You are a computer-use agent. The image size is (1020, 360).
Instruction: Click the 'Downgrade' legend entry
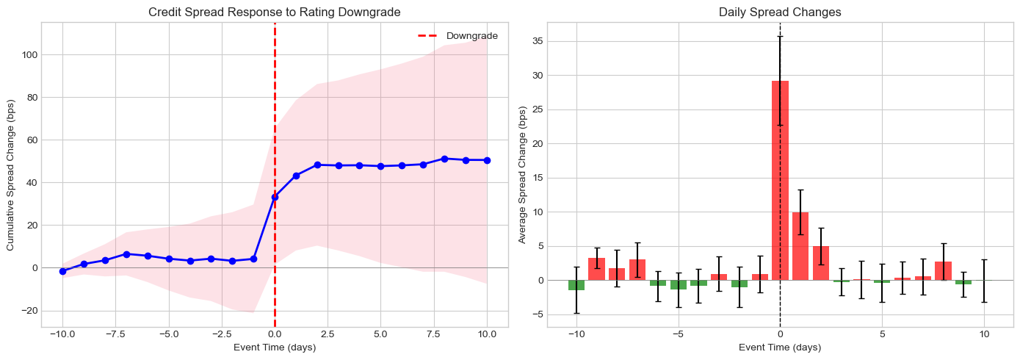tap(472, 36)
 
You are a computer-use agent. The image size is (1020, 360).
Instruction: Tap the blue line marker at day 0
tap(275, 197)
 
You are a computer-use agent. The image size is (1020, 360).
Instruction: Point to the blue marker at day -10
tap(62, 271)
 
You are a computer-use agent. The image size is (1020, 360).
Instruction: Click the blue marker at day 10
tap(487, 160)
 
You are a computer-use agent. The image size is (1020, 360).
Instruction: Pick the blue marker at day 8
tap(444, 159)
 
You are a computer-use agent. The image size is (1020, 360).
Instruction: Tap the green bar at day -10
tap(576, 285)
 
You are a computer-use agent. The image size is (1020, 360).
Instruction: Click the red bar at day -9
tap(597, 269)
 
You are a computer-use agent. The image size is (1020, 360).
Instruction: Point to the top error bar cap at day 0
tap(780, 37)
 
